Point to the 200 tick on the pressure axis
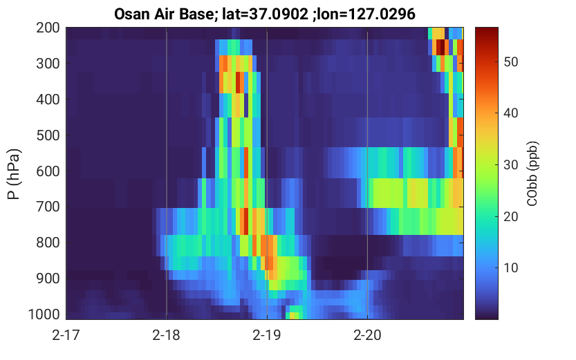[48, 28]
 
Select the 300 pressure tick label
[48, 64]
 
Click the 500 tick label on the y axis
[48, 135]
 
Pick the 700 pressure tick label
[48, 207]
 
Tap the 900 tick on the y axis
[48, 278]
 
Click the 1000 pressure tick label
[44, 314]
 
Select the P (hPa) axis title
[14, 174]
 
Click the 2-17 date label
[66, 335]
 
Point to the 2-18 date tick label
[167, 335]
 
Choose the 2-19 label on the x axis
[267, 335]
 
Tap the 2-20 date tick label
[367, 335]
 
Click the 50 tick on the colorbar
[510, 61]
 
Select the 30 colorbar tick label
[510, 164]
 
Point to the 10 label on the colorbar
[510, 268]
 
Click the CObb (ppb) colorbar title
[532, 173]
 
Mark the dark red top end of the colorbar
[487, 28]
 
